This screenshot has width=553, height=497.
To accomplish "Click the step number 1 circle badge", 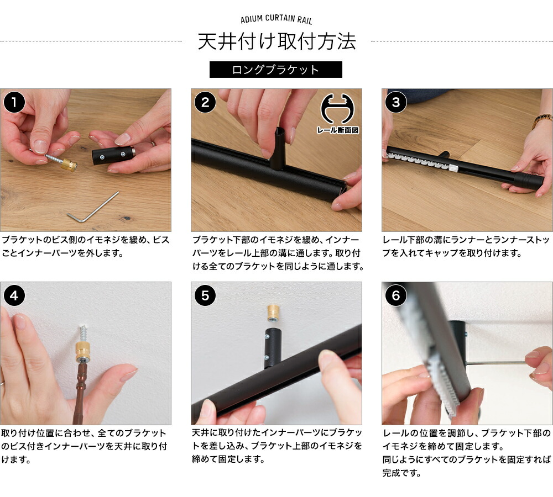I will point(14,103).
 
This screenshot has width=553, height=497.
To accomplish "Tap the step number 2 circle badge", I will point(205,103).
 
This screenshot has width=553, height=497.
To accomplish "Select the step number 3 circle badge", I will point(396,103).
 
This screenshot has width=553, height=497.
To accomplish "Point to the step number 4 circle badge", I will point(14,296).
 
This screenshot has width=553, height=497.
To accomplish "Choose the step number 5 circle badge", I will point(205,296).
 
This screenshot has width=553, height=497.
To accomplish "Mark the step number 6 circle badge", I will point(396,296).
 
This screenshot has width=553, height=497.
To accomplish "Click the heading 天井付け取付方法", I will point(276,42).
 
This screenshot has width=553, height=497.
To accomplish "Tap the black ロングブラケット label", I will point(276,70).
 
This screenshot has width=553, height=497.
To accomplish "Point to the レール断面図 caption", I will point(338,131).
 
